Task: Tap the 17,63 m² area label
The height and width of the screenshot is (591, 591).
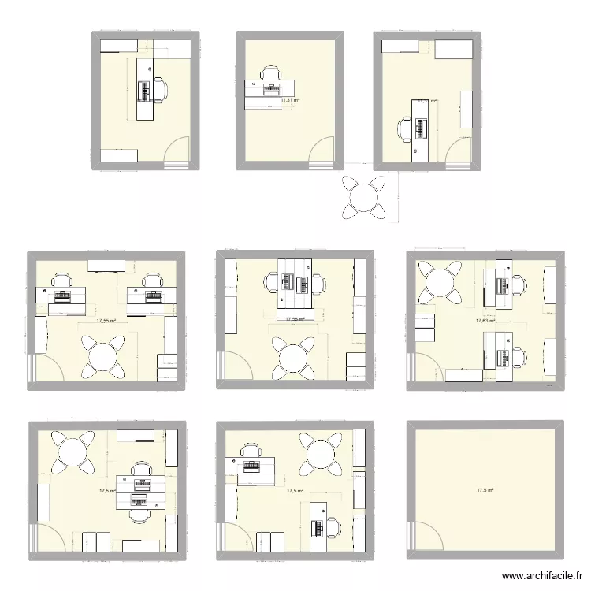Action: pos(485,321)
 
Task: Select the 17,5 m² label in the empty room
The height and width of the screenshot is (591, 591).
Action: pos(485,491)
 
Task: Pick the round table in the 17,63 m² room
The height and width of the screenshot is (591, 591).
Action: pos(440,281)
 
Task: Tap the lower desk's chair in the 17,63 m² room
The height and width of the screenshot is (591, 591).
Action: pos(519,356)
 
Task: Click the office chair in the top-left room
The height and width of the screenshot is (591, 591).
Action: pos(159,89)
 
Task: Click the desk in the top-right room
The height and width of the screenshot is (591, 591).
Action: pos(421,129)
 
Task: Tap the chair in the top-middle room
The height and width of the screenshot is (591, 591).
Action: pos(270,75)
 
